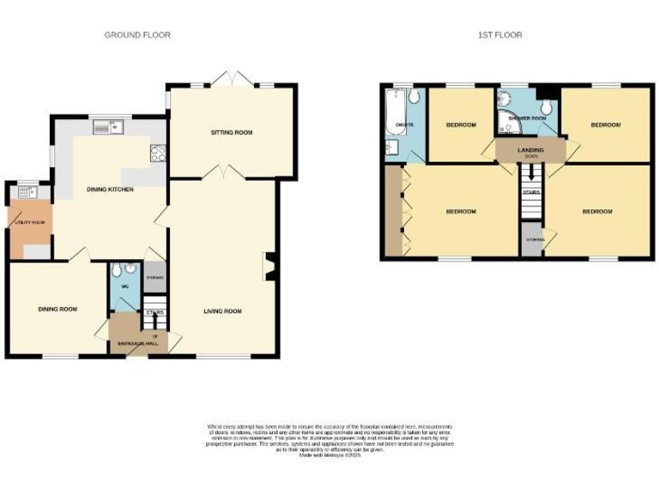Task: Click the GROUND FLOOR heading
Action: point(137,35)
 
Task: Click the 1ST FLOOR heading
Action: point(500,35)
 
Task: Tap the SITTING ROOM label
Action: point(232,132)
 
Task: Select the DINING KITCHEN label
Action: point(111,189)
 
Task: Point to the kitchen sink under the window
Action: point(111,129)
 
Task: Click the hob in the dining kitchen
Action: point(159,154)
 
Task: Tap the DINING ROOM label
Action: point(57,309)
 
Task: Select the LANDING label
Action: point(530,150)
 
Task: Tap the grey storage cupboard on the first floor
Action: point(530,239)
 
